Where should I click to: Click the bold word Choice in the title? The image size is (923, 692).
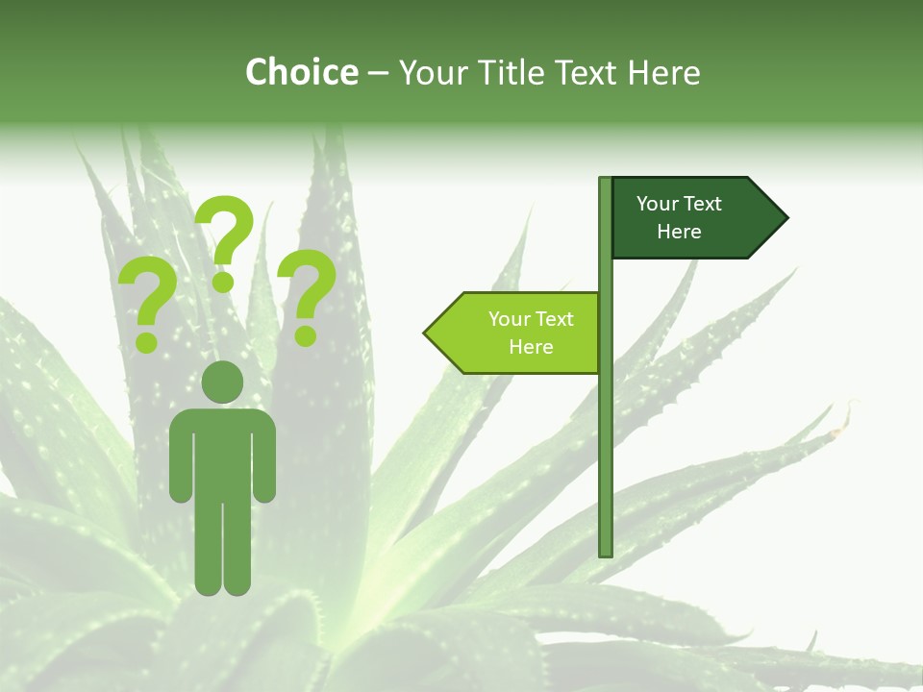[301, 72]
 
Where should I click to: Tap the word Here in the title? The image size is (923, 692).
[663, 72]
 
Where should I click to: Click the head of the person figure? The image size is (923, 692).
[223, 382]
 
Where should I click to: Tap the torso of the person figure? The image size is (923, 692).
[223, 452]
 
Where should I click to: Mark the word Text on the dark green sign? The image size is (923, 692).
[704, 204]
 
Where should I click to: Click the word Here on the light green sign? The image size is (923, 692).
[531, 347]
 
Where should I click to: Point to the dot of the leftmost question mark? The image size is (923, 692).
[147, 341]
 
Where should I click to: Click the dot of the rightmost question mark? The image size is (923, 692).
[306, 336]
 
